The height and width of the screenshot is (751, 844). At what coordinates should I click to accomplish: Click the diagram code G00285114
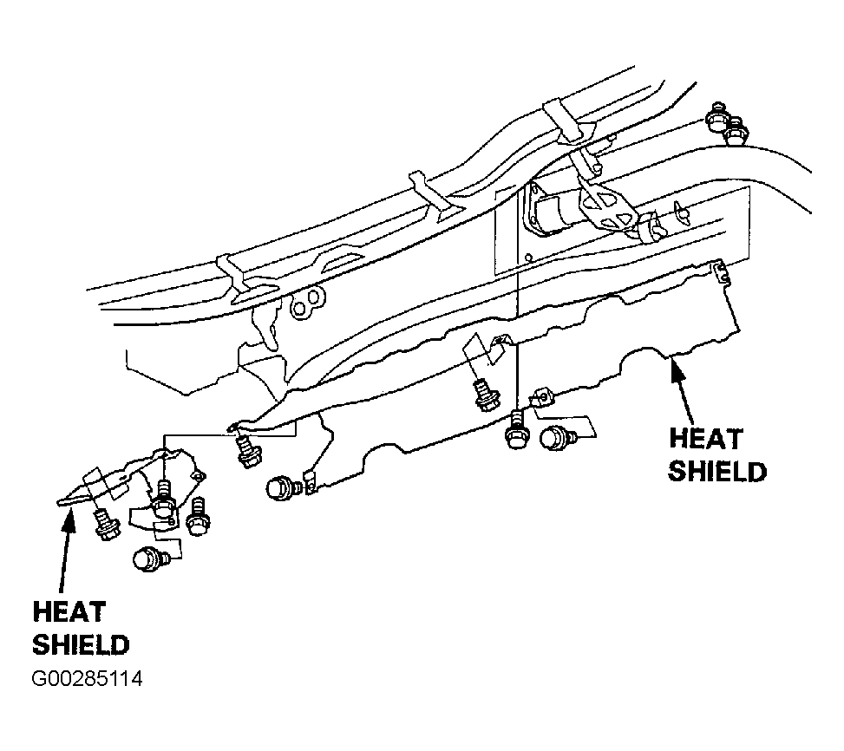[x=88, y=679]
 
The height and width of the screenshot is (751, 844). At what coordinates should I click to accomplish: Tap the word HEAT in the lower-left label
[x=69, y=612]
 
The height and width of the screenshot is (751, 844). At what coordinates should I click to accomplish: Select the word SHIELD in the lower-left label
[x=81, y=645]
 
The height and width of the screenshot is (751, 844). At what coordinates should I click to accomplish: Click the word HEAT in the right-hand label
[x=706, y=439]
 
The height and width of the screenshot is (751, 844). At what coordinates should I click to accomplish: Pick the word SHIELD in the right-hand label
[x=717, y=472]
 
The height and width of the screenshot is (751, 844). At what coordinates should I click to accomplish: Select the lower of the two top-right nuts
[x=736, y=131]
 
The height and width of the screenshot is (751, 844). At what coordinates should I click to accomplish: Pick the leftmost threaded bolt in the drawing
[x=107, y=525]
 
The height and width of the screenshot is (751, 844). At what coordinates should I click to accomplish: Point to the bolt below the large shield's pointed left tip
[x=247, y=451]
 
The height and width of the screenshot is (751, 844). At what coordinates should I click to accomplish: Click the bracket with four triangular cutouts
[x=606, y=207]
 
